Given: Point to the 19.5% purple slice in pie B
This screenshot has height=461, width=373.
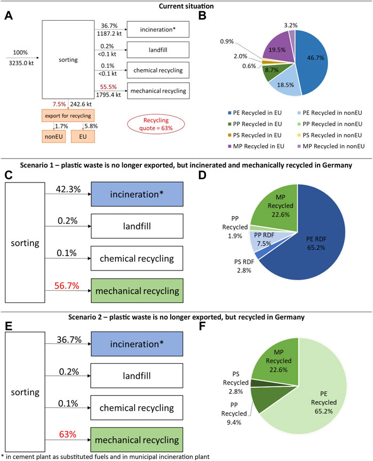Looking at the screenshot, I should click(277, 50).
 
